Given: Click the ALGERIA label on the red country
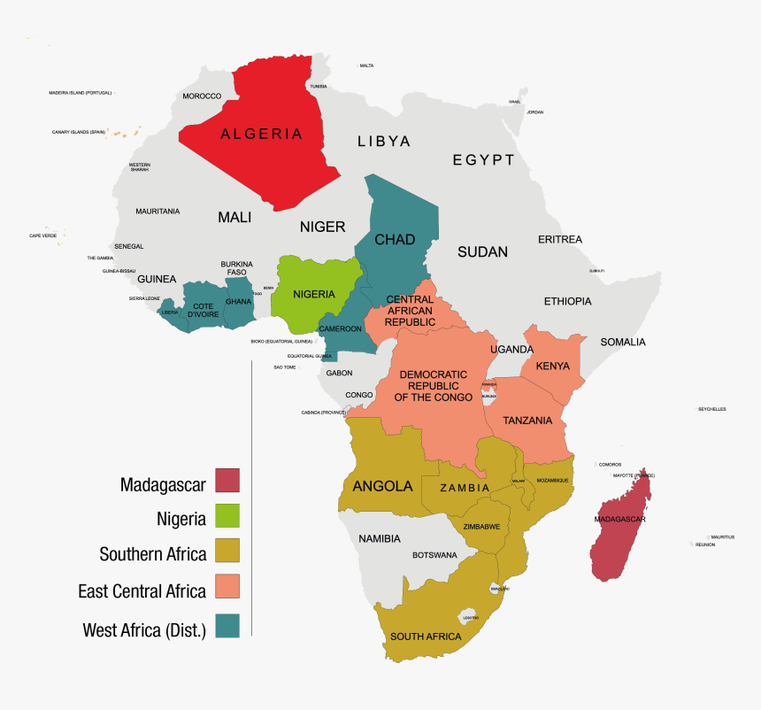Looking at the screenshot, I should coord(261,135).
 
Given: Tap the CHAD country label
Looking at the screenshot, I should coord(394,240).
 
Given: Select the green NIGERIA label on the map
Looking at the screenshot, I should coord(313,294).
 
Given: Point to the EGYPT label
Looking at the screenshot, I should coord(483,160).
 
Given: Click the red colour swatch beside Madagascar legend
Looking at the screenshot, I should coord(227,480).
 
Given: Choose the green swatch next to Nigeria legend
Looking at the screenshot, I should coord(227,516).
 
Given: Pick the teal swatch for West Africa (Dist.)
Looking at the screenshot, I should coord(227,625).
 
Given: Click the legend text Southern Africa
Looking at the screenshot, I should coord(153,555).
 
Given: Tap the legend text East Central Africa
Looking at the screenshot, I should coord(142,590).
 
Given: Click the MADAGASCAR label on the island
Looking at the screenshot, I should coord(619,519).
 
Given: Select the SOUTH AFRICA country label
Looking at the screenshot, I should coord(426,637).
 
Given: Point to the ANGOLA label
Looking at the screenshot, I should coord(382,486).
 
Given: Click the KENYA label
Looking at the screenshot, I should coord(552,366).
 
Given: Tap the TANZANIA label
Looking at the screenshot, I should coord(527,421).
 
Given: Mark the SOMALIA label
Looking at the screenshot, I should coord(623,342).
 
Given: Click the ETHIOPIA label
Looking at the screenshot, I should coord(567,301).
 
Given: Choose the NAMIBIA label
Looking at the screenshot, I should coord(380,538).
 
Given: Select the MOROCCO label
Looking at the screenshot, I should coord(202,96).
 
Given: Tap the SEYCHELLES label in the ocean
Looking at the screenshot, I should coord(711,409).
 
